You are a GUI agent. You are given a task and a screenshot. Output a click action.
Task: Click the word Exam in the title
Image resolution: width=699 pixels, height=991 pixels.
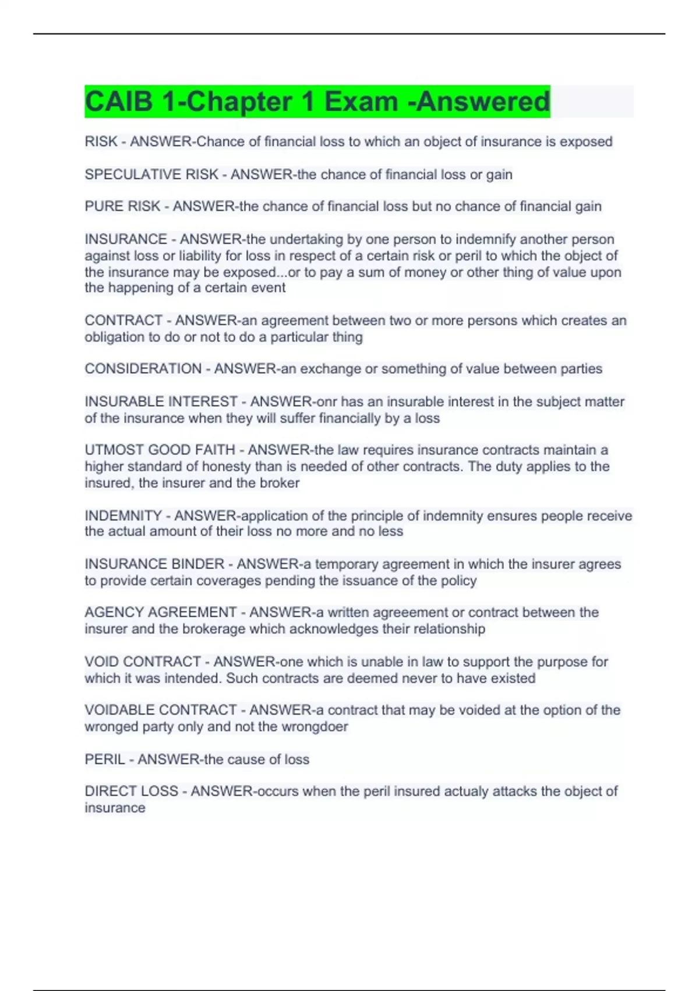pyautogui.click(x=361, y=101)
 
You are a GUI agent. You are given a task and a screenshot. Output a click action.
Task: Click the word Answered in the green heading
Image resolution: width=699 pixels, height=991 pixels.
pyautogui.click(x=483, y=101)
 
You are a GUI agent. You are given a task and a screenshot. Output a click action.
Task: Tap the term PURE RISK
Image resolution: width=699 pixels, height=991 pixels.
pyautogui.click(x=122, y=206)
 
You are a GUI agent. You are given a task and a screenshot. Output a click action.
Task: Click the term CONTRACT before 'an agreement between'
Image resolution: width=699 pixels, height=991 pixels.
pyautogui.click(x=123, y=321)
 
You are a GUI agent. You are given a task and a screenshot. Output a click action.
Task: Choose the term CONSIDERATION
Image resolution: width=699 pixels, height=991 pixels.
pyautogui.click(x=143, y=369)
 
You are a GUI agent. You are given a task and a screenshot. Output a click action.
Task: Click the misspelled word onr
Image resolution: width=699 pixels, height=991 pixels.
pyautogui.click(x=326, y=402)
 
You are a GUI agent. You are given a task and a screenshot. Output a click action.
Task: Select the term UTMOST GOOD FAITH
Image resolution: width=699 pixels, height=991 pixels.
pyautogui.click(x=160, y=450)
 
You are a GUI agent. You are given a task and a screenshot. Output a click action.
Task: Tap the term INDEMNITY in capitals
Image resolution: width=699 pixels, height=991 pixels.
pyautogui.click(x=123, y=516)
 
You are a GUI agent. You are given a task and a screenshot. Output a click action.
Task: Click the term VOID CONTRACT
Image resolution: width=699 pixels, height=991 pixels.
pyautogui.click(x=143, y=662)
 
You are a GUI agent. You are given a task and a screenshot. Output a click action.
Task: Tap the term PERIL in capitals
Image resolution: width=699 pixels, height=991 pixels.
pyautogui.click(x=105, y=760)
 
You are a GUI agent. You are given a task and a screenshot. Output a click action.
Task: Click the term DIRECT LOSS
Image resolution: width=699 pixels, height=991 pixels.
pyautogui.click(x=131, y=791)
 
